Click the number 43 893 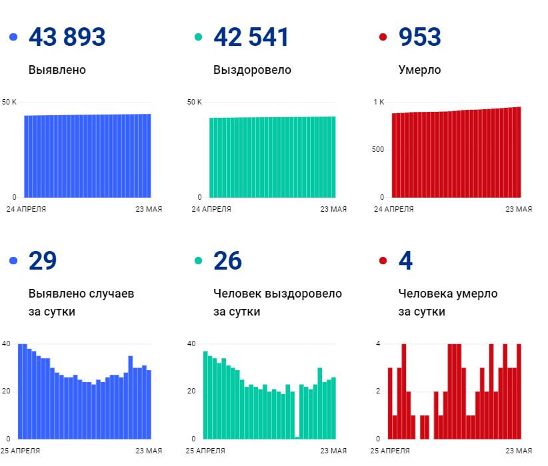pyautogui.click(x=67, y=37)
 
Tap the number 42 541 pyautogui.click(x=251, y=37)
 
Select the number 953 pyautogui.click(x=419, y=37)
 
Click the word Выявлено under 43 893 pyautogui.click(x=57, y=70)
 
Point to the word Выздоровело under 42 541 pyautogui.click(x=252, y=70)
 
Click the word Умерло pyautogui.click(x=419, y=70)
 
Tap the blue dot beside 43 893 pyautogui.click(x=13, y=38)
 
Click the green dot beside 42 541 pyautogui.click(x=198, y=38)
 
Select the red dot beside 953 pyautogui.click(x=383, y=38)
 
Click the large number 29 pyautogui.click(x=43, y=261)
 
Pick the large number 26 pyautogui.click(x=227, y=261)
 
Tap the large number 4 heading pyautogui.click(x=405, y=261)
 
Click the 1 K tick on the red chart pyautogui.click(x=379, y=102)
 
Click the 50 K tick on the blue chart pyautogui.click(x=9, y=102)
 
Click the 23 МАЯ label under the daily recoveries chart pyautogui.click(x=333, y=451)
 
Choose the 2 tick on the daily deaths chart pyautogui.click(x=378, y=391)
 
